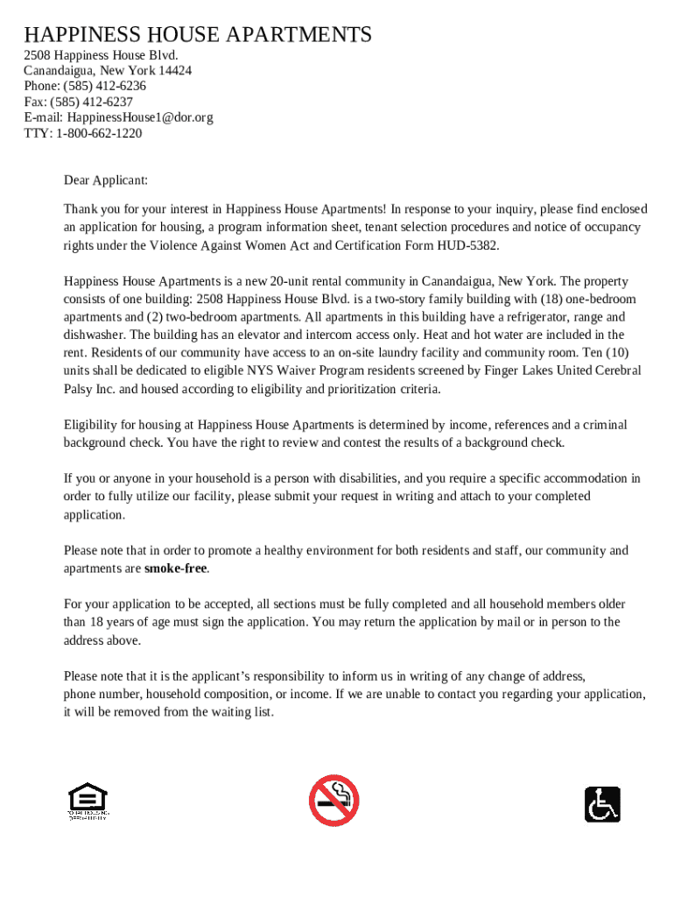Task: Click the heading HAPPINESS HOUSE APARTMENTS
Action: pyautogui.click(x=198, y=35)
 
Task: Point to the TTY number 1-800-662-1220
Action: pyautogui.click(x=99, y=133)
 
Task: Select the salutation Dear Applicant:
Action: pyautogui.click(x=106, y=180)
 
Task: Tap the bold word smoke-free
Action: pyautogui.click(x=176, y=569)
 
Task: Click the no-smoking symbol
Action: pyautogui.click(x=333, y=801)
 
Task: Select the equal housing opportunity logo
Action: pyautogui.click(x=88, y=802)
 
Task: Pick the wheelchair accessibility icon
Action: pyautogui.click(x=602, y=804)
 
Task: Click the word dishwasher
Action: pyautogui.click(x=95, y=335)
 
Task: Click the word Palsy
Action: pyautogui.click(x=79, y=389)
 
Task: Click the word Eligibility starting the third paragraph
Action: pyautogui.click(x=90, y=425)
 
